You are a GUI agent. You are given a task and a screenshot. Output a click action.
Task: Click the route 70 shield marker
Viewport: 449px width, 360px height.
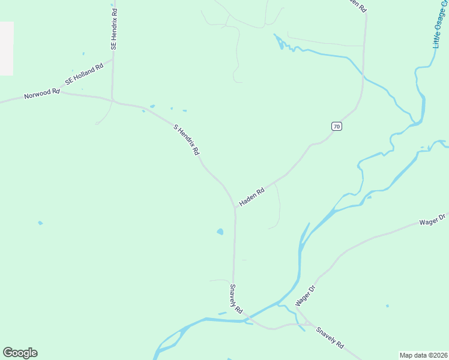(337, 126)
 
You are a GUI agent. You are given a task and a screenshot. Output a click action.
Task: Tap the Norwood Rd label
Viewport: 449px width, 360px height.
(42, 94)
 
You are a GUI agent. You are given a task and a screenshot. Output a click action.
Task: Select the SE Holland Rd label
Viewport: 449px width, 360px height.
(85, 74)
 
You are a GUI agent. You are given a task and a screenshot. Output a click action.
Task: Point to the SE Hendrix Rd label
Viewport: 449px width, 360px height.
(113, 28)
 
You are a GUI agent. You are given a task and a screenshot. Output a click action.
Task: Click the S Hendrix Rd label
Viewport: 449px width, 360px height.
(186, 140)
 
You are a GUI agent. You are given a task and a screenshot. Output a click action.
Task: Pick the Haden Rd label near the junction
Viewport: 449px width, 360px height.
(252, 197)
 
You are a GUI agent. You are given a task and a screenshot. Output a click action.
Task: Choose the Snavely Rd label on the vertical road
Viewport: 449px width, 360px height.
(235, 299)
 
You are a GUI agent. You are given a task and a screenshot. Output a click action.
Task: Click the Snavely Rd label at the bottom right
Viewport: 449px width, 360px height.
(330, 338)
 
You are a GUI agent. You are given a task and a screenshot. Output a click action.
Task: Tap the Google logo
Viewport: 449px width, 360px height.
(20, 353)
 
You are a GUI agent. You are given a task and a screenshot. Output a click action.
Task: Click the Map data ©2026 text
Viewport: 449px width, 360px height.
(424, 355)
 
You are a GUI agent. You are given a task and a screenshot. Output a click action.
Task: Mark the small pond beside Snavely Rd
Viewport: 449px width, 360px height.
(220, 232)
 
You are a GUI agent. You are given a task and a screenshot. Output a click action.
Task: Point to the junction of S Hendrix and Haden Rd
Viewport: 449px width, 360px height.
(235, 208)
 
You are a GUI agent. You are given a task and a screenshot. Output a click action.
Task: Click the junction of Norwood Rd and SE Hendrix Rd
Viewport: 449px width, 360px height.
(112, 98)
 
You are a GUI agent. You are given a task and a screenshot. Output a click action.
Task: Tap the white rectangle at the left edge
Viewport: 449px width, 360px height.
(6, 49)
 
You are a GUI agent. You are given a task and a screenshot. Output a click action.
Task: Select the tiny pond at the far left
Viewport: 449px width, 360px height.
(40, 223)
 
